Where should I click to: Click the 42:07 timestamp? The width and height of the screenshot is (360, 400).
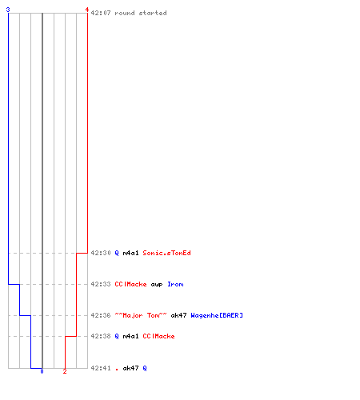click(101, 13)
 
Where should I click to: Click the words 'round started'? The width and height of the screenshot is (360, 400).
click(141, 13)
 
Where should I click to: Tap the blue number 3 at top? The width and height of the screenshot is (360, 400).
click(8, 10)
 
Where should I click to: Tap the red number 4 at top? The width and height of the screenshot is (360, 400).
click(87, 10)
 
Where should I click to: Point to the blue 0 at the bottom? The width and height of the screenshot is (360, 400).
click(42, 371)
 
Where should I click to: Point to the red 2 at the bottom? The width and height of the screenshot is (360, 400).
click(65, 371)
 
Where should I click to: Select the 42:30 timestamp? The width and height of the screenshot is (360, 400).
click(101, 253)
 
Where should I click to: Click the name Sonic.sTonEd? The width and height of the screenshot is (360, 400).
click(166, 253)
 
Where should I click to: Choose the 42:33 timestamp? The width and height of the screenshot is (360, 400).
click(101, 284)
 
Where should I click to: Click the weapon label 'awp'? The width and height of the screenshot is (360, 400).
click(157, 285)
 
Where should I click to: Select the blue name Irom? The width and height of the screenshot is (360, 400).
click(175, 284)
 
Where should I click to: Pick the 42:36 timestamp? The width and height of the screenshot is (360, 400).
click(101, 315)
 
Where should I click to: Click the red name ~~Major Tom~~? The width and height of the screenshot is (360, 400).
click(141, 315)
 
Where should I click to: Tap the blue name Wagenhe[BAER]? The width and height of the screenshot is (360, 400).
click(217, 315)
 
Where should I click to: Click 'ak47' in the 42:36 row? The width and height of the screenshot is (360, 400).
click(178, 315)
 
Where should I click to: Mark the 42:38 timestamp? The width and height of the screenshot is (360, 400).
click(101, 336)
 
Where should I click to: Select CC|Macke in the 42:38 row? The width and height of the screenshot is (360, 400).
click(158, 336)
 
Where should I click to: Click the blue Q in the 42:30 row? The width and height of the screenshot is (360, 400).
click(117, 253)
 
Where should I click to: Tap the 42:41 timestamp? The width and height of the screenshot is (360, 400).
click(101, 368)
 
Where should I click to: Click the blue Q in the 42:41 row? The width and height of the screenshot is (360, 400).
click(145, 368)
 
